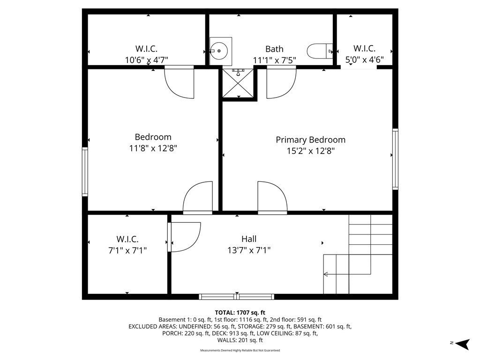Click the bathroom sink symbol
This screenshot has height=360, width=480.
pos(220,51)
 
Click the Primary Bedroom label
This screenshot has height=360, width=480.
pos(310,140)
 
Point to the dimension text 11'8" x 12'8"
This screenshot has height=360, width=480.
pos(153,148)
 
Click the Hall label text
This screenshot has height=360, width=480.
pos(249,239)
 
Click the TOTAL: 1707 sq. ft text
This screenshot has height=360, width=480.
pos(240,313)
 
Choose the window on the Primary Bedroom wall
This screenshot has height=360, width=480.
pos(395,158)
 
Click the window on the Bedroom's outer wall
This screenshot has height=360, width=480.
pos(85,172)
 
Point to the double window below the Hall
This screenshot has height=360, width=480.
pos(237,296)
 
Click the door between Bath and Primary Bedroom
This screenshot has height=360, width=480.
pos(281,82)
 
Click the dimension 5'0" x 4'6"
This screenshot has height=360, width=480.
pos(364,60)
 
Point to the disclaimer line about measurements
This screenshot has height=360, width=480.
pos(240,351)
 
